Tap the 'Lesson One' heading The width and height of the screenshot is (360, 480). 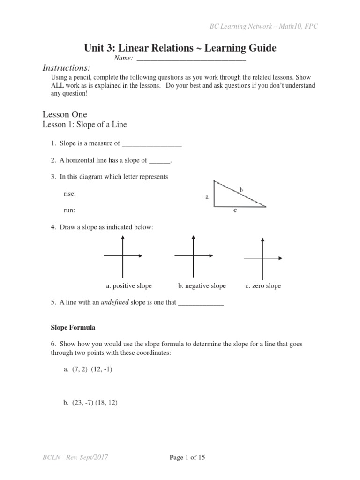coord(65,114)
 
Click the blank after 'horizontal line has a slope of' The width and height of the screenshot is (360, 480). coord(160,161)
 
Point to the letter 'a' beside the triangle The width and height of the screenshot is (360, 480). coord(207,197)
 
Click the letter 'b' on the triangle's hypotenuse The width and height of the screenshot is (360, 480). coord(241,189)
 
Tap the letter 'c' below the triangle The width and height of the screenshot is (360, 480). coord(235,211)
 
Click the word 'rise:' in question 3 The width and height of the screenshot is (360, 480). coord(69,194)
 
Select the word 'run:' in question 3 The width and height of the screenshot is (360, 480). coord(69,210)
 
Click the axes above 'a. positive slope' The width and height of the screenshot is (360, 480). coord(123,256)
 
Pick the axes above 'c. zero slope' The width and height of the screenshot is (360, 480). coord(262,258)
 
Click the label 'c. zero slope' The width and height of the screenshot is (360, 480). coord(263,286)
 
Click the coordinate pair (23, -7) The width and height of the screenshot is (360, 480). coord(83,402)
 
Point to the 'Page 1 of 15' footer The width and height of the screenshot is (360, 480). coord(187,457)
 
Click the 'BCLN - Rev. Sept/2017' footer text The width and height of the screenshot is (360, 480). coord(75,457)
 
